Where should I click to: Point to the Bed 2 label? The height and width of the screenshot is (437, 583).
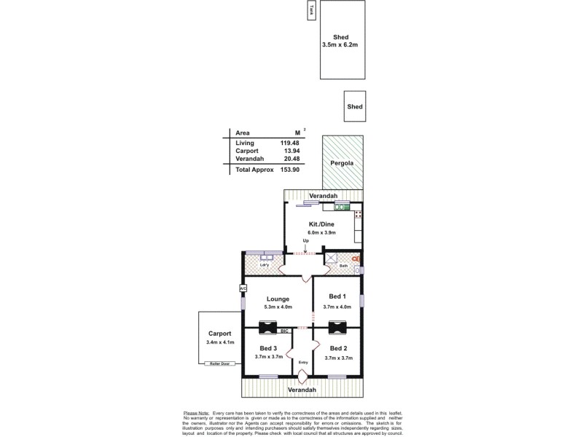[x=337, y=348]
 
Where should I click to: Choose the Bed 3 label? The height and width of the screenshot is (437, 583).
[x=267, y=348]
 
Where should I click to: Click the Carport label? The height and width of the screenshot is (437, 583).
[x=219, y=333]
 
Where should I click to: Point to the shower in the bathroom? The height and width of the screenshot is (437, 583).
[x=331, y=258]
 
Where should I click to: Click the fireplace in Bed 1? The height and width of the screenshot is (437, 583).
[x=337, y=326]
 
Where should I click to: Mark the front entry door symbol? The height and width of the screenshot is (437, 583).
[x=302, y=377]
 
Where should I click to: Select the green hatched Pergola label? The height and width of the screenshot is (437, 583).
[x=342, y=163]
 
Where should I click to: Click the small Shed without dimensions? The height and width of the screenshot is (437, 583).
[x=355, y=106]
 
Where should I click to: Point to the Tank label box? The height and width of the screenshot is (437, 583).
[x=312, y=10]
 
